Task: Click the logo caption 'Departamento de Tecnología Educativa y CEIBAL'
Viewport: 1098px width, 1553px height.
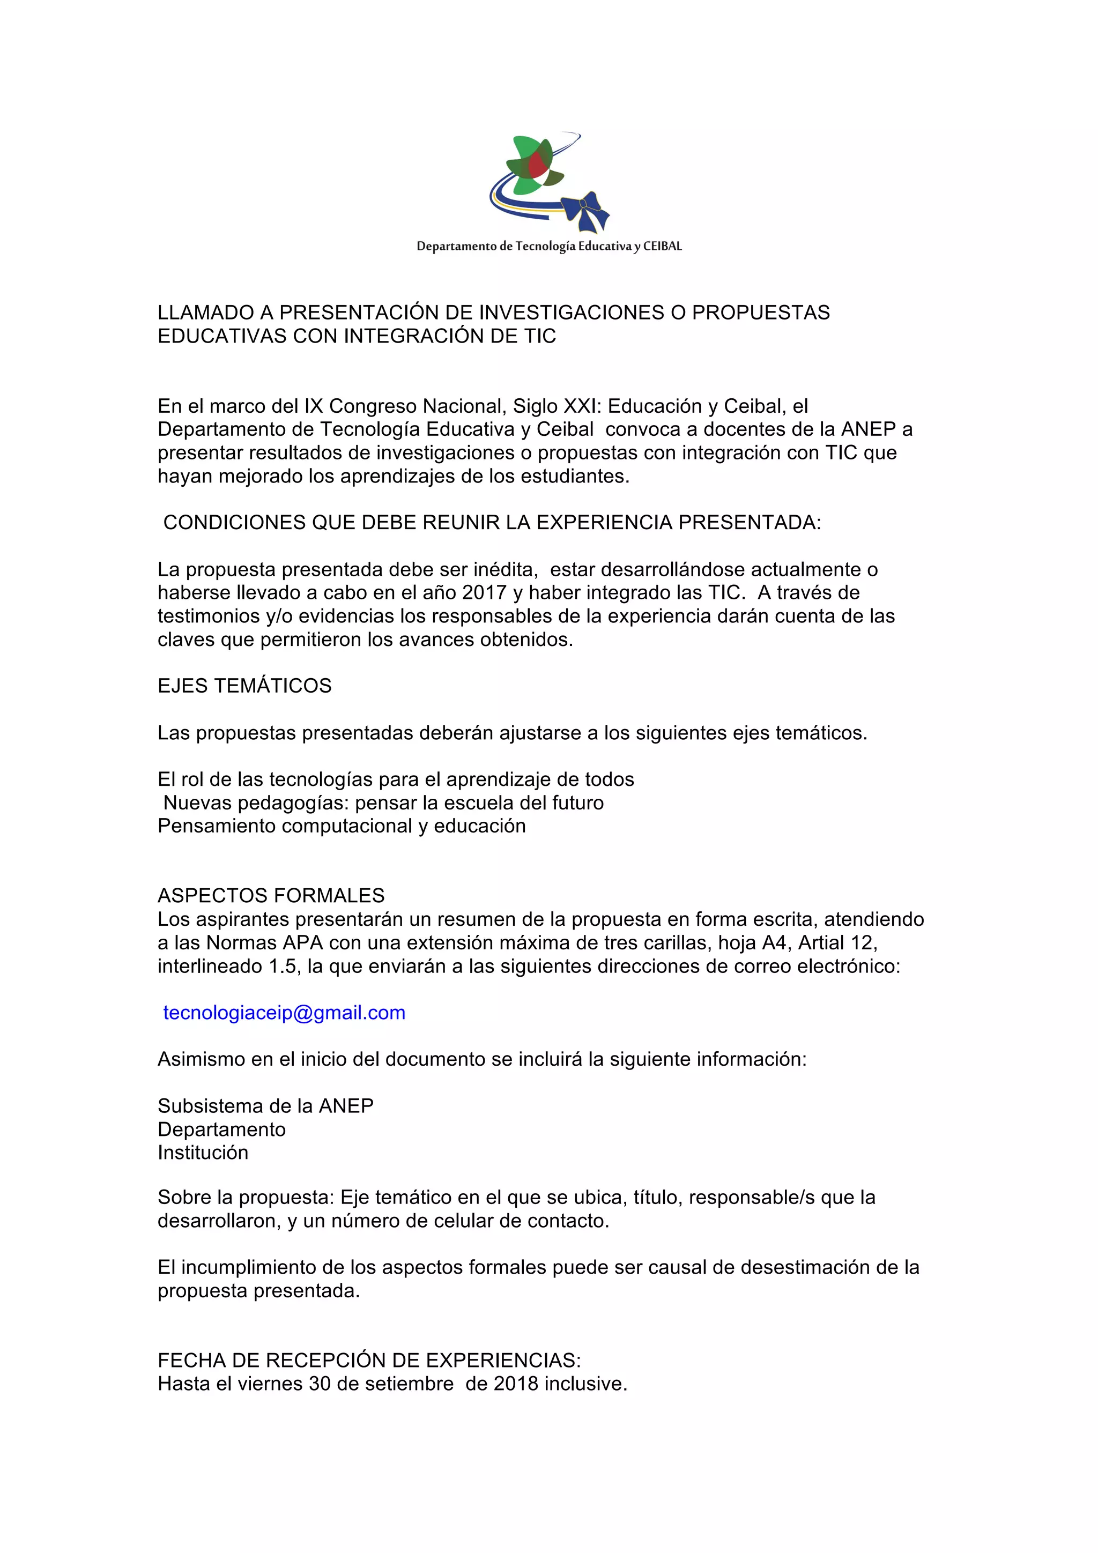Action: tap(548, 246)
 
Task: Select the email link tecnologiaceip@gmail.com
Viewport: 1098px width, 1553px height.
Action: tap(284, 1013)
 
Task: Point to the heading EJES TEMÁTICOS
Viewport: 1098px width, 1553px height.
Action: tap(244, 686)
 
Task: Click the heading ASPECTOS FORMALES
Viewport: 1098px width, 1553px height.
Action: tap(271, 896)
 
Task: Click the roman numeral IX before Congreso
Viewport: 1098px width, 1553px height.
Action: tap(313, 406)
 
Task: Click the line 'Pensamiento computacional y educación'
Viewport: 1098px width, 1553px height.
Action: tap(342, 826)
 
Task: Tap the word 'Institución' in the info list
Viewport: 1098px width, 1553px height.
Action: tap(203, 1153)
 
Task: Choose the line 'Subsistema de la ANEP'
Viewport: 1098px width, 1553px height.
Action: tap(265, 1106)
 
